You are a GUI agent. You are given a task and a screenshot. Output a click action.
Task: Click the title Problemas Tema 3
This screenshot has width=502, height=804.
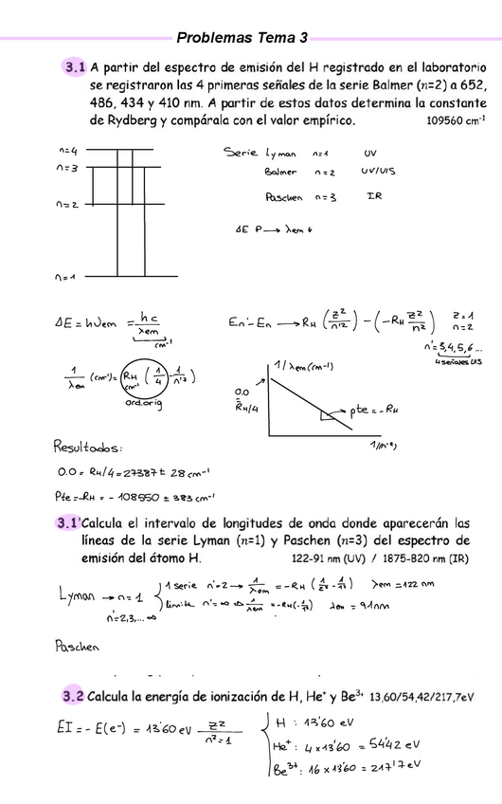tap(242, 38)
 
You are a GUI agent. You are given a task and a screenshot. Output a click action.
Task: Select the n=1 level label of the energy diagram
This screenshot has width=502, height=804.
tap(65, 277)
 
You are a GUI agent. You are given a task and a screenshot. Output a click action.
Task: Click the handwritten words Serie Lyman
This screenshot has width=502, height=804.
tap(260, 152)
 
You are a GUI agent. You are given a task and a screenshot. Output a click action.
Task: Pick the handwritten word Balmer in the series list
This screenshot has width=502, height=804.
tap(280, 173)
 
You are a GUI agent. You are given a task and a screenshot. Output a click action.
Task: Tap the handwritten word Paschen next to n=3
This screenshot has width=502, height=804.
tap(284, 197)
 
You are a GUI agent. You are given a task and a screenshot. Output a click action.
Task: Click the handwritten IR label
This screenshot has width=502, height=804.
tap(373, 196)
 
